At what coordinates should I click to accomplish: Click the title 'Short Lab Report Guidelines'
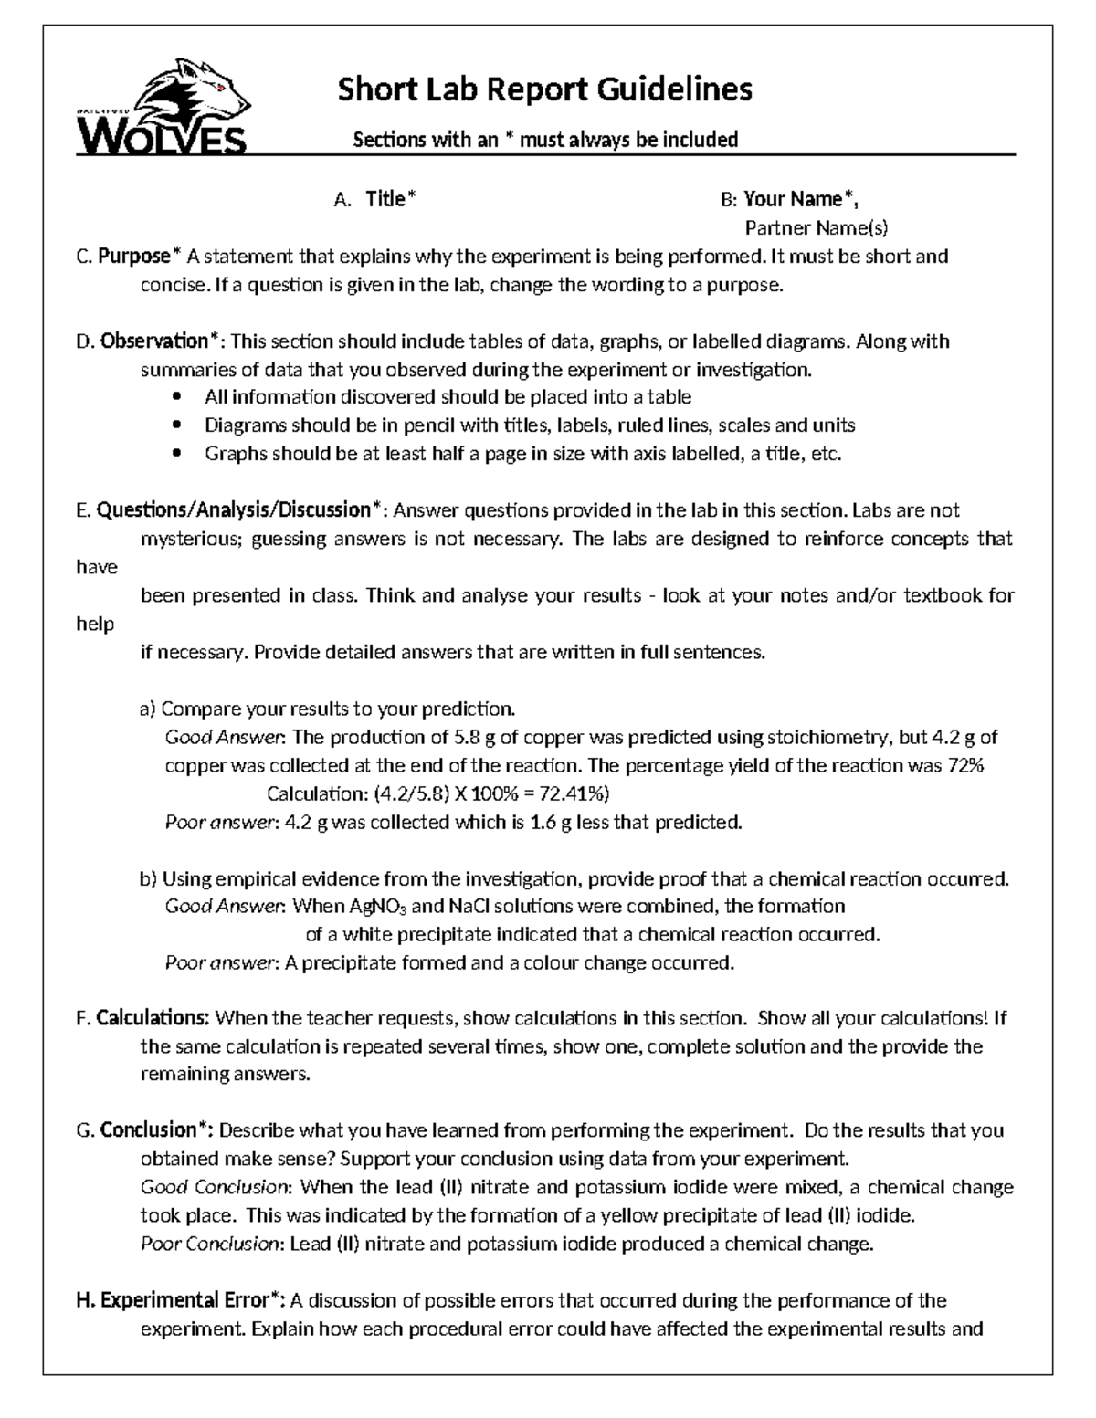point(545,89)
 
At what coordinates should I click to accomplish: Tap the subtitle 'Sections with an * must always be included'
point(545,140)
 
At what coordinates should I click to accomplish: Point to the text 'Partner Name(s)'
point(816,227)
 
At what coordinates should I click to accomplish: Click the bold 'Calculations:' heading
point(153,1018)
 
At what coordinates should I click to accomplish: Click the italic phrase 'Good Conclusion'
point(216,1187)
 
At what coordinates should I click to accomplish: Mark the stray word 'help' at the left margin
point(95,625)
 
